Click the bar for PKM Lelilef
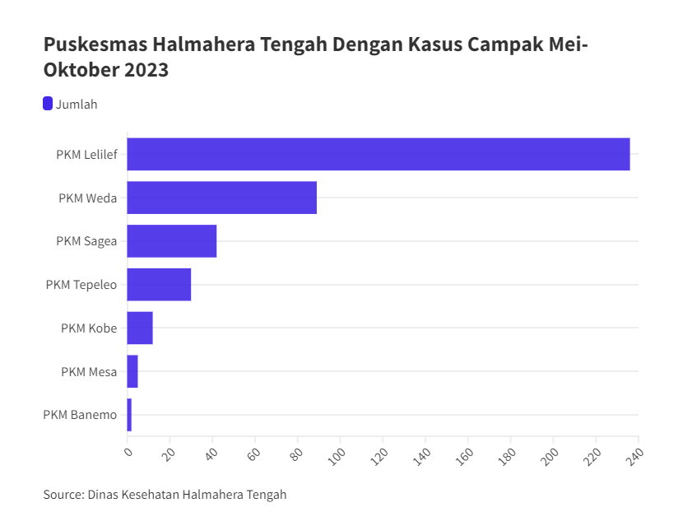click(379, 154)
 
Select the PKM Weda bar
click(222, 198)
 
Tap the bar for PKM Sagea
click(171, 241)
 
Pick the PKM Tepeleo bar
click(159, 285)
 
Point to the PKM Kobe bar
click(140, 328)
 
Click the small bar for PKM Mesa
click(132, 371)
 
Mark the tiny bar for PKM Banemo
click(129, 415)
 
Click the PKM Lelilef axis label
click(86, 154)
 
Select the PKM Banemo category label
click(80, 415)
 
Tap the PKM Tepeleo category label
click(81, 285)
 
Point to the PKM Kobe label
click(89, 328)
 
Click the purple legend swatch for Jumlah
click(48, 104)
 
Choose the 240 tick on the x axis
click(634, 454)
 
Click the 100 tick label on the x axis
click(336, 454)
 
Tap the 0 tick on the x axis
click(128, 451)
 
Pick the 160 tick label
click(463, 454)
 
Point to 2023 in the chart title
click(146, 70)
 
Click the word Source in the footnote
click(63, 495)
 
